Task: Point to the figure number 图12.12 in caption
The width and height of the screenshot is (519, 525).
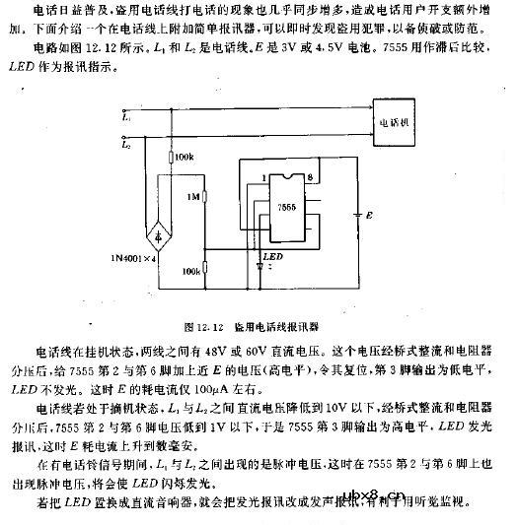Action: [203, 322]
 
